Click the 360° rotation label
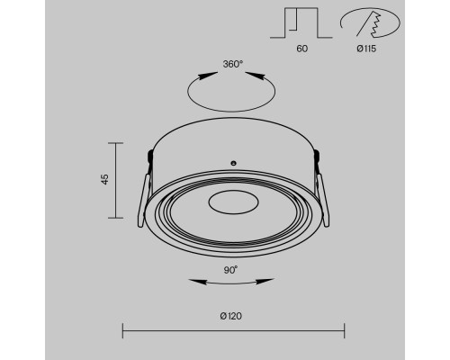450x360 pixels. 233,64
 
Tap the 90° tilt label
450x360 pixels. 230,270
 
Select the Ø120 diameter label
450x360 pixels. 230,316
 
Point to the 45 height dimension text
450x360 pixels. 104,179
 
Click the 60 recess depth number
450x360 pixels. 301,49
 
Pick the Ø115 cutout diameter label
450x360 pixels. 366,49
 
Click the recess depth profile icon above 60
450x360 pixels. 301,22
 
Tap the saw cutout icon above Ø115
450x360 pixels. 370,23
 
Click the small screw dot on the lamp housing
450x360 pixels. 233,163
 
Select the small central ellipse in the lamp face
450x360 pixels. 233,202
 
